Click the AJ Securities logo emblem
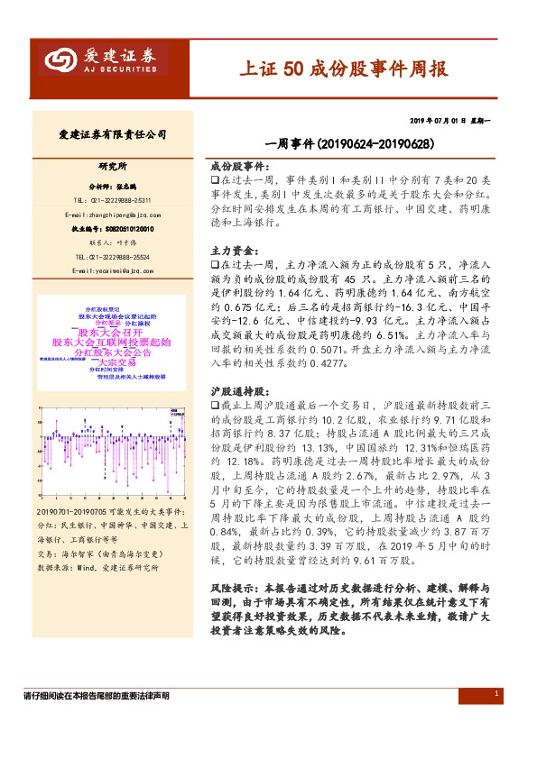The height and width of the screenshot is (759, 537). click(x=60, y=61)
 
